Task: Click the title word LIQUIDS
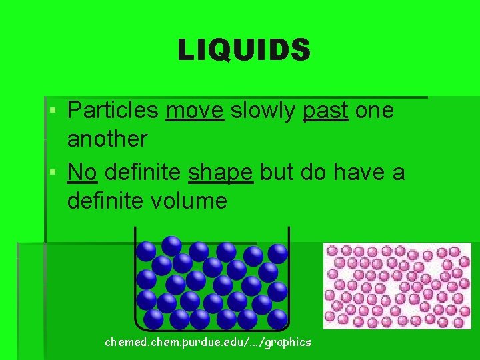click(x=244, y=50)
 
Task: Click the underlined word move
click(x=195, y=110)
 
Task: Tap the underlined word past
click(x=325, y=111)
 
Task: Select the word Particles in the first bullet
click(x=113, y=110)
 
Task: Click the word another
click(x=107, y=139)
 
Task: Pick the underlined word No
click(x=82, y=172)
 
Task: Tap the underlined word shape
click(x=221, y=173)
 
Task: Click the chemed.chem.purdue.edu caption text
click(x=208, y=342)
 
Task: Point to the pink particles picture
click(x=397, y=285)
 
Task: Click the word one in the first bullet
click(x=375, y=110)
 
